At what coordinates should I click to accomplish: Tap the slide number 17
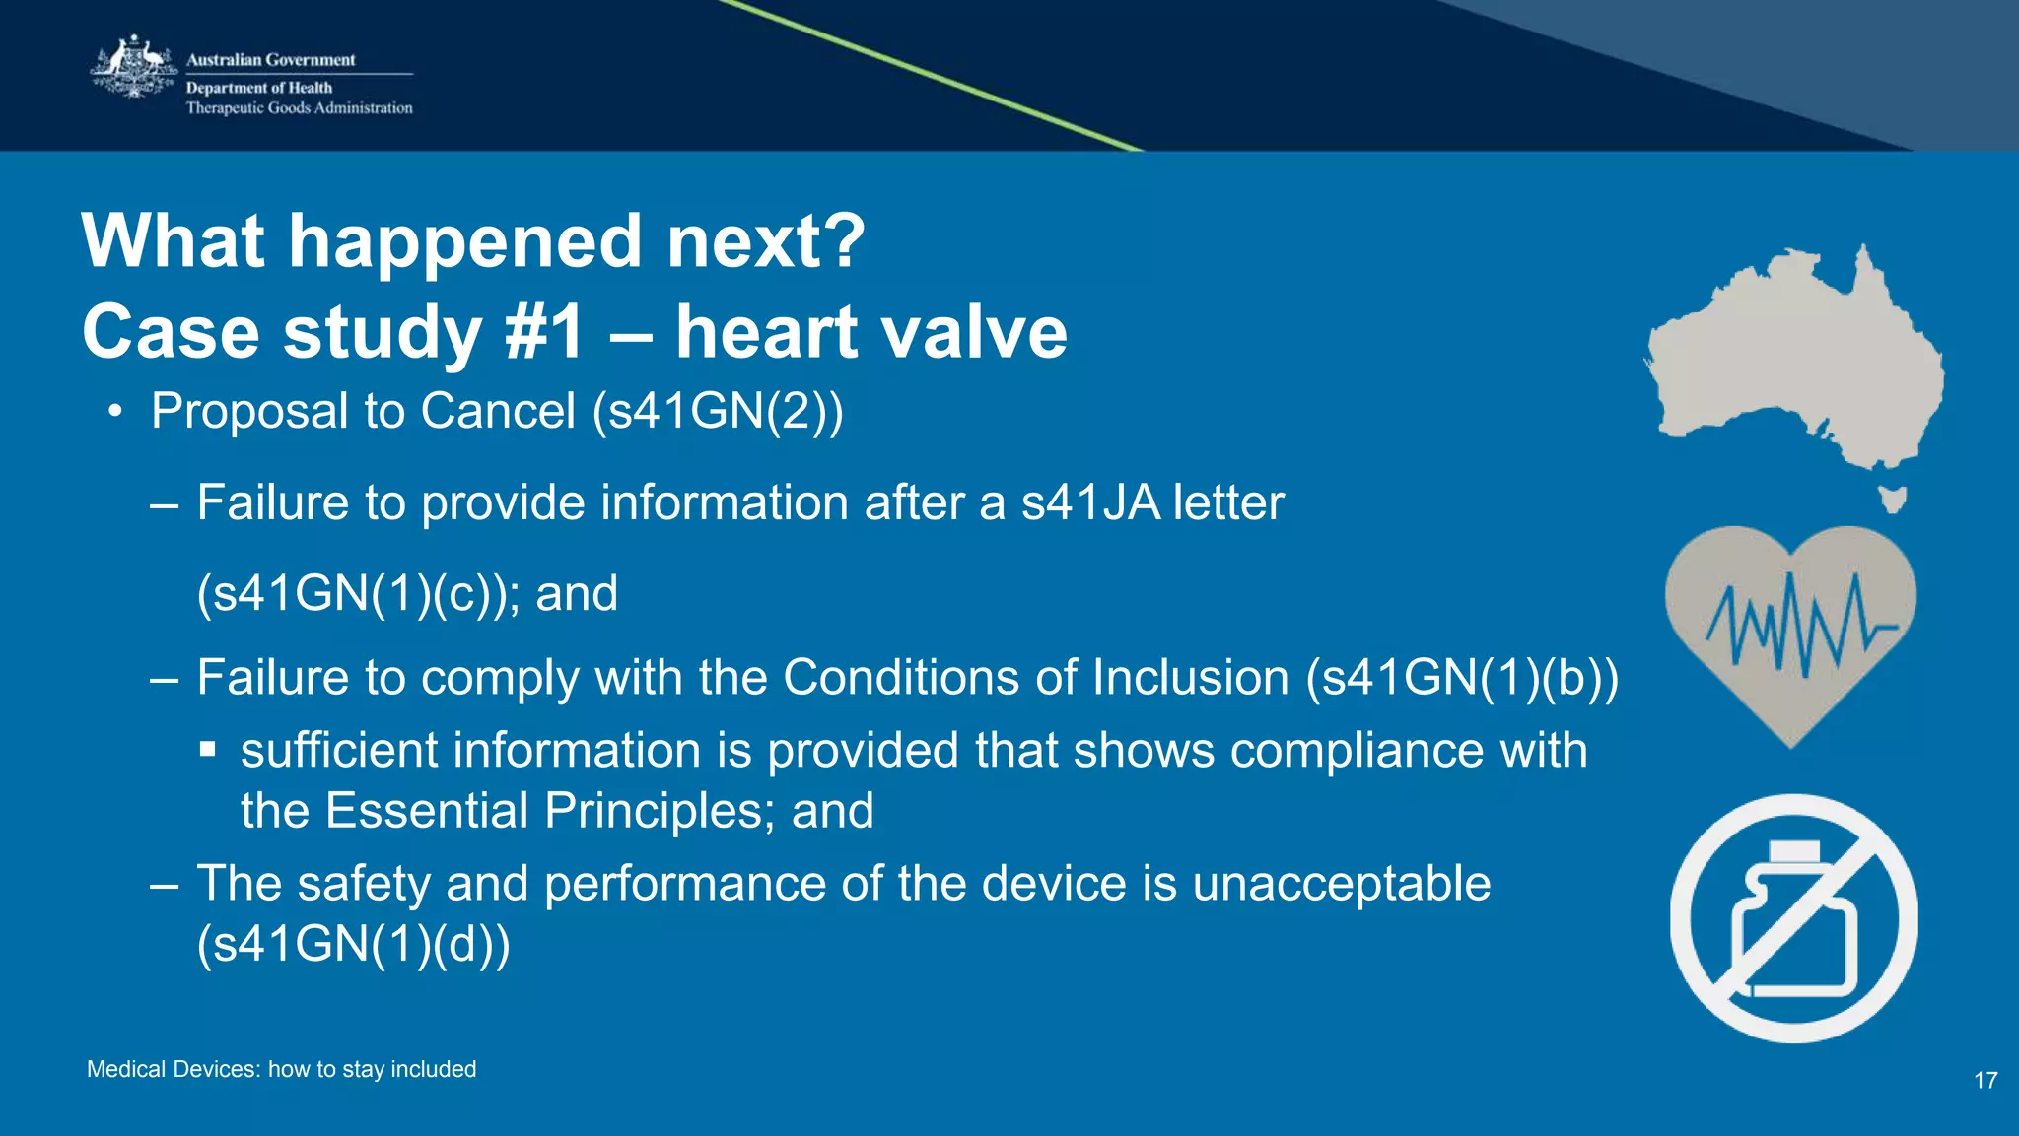pos(1985,1081)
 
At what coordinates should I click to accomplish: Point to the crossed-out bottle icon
pos(1793,918)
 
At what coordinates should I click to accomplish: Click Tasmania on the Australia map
pos(1891,499)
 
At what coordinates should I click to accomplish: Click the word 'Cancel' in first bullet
pos(498,411)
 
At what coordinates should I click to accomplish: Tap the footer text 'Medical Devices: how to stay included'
pos(281,1069)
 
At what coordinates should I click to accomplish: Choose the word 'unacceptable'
pos(1341,883)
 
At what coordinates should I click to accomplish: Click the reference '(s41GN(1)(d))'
pos(354,944)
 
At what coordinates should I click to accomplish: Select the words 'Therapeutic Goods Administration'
pos(299,108)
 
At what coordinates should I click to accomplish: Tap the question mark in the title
pos(845,241)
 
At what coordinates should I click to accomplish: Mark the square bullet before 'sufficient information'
pos(207,751)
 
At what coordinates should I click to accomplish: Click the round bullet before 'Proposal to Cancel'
pos(116,412)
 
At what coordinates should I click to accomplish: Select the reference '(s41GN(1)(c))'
pos(354,594)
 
